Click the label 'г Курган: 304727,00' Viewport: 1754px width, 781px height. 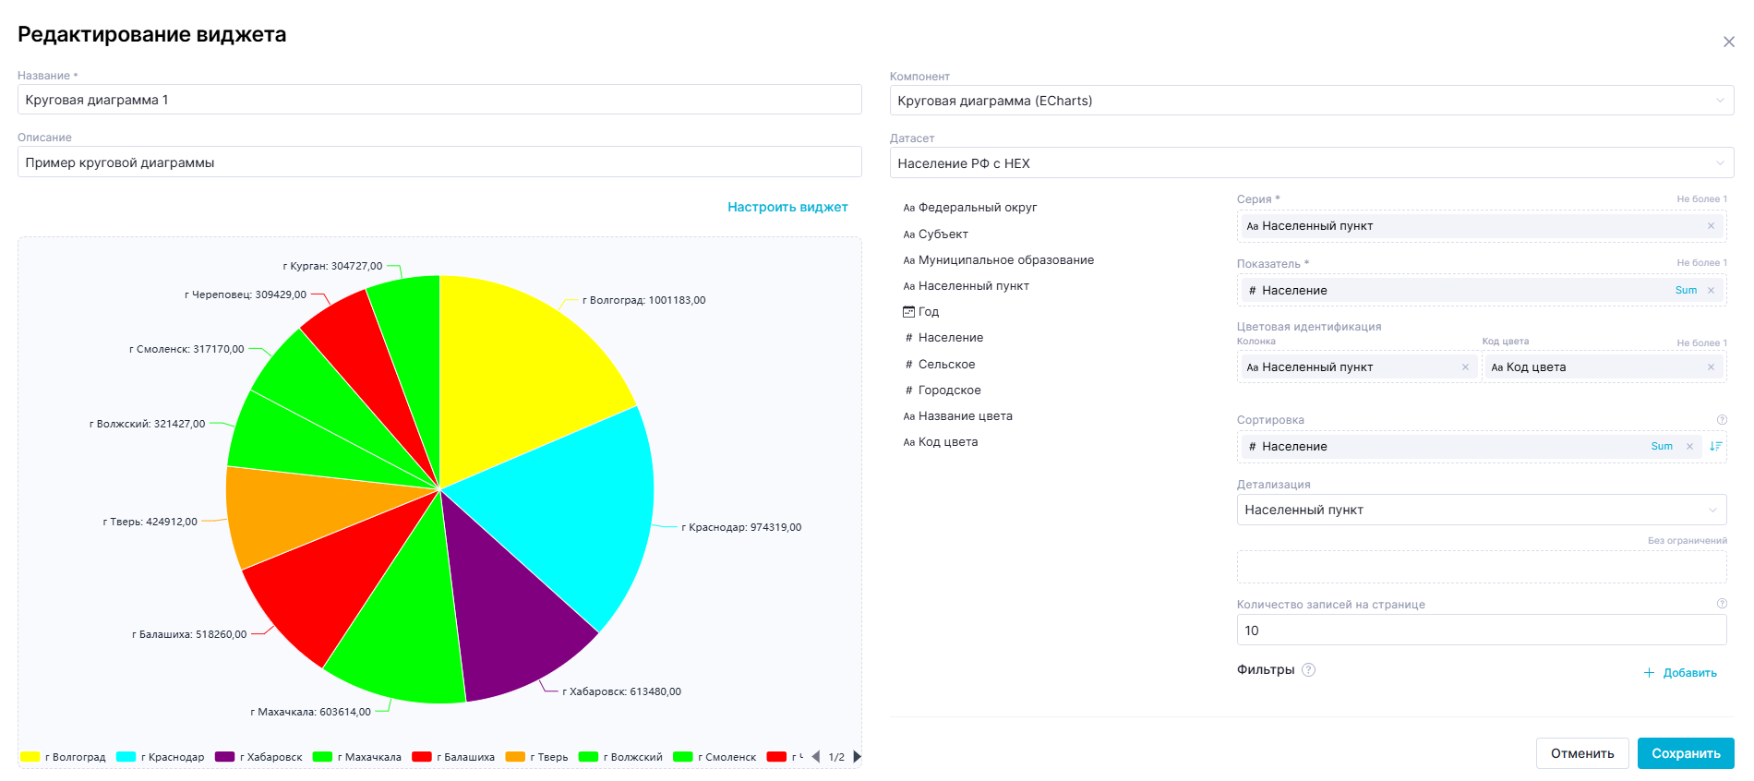tap(332, 266)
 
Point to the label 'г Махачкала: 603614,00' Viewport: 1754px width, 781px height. tap(310, 712)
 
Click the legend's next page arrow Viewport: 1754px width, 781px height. tap(858, 757)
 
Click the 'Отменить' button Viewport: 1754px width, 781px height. tap(1582, 753)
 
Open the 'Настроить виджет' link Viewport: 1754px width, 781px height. tap(787, 207)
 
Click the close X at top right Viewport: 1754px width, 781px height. tap(1729, 42)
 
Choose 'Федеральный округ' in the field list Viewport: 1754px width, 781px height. tap(978, 208)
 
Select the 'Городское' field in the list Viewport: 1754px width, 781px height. tap(949, 390)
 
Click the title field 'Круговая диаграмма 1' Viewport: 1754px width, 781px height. tap(439, 100)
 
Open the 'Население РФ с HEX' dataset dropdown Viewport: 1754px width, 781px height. tap(1311, 163)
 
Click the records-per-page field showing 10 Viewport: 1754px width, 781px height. tap(1481, 631)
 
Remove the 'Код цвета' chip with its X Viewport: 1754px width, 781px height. tap(1711, 367)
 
